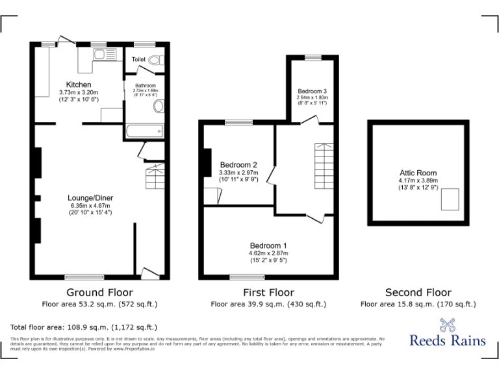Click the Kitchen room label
click(79, 84)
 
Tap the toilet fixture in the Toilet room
click(154, 60)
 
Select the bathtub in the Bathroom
click(144, 131)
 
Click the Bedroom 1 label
click(268, 245)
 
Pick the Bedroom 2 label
click(238, 164)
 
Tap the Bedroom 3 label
click(312, 90)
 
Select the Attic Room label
click(418, 173)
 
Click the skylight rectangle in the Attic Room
click(449, 199)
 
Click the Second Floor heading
click(418, 292)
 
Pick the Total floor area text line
click(84, 327)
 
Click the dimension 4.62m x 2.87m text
click(268, 253)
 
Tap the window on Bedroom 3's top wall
click(313, 58)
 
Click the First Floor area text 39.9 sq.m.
click(268, 304)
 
